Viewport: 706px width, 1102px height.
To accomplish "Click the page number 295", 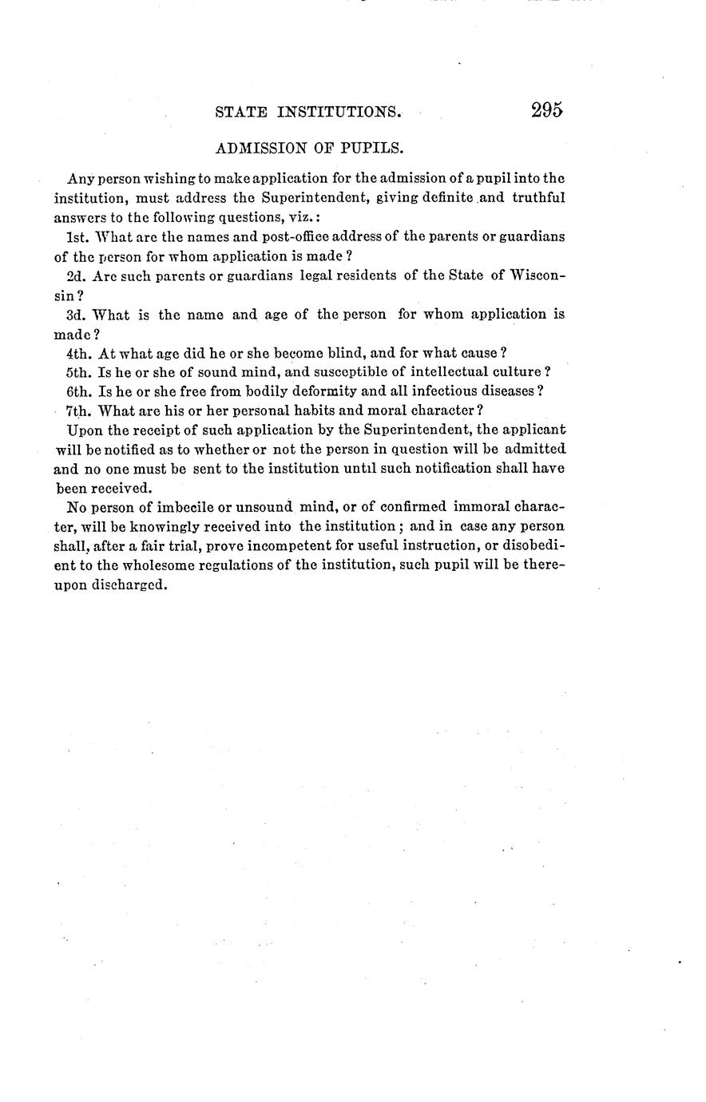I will pos(547,110).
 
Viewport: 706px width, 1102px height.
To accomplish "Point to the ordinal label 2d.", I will pos(77,275).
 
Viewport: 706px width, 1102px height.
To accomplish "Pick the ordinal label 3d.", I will pos(77,315).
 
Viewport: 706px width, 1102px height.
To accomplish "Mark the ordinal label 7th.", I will pos(78,411).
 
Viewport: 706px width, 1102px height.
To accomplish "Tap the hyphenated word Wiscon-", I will pos(537,275).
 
